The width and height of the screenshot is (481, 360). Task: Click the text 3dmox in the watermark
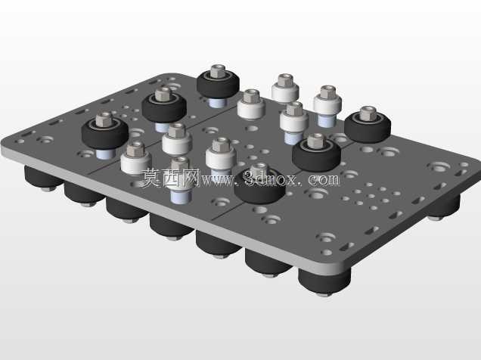point(270,178)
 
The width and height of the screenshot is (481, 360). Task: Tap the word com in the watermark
point(324,179)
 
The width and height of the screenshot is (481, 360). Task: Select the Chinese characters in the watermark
point(171,178)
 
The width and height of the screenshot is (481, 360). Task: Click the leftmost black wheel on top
point(105,133)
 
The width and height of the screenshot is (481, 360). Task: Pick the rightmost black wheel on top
point(368,126)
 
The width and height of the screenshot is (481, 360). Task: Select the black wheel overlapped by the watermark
point(260,187)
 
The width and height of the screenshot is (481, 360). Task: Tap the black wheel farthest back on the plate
point(218,83)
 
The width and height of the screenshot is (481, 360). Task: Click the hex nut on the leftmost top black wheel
point(104,119)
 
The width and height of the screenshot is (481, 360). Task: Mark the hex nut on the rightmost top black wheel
point(368,113)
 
